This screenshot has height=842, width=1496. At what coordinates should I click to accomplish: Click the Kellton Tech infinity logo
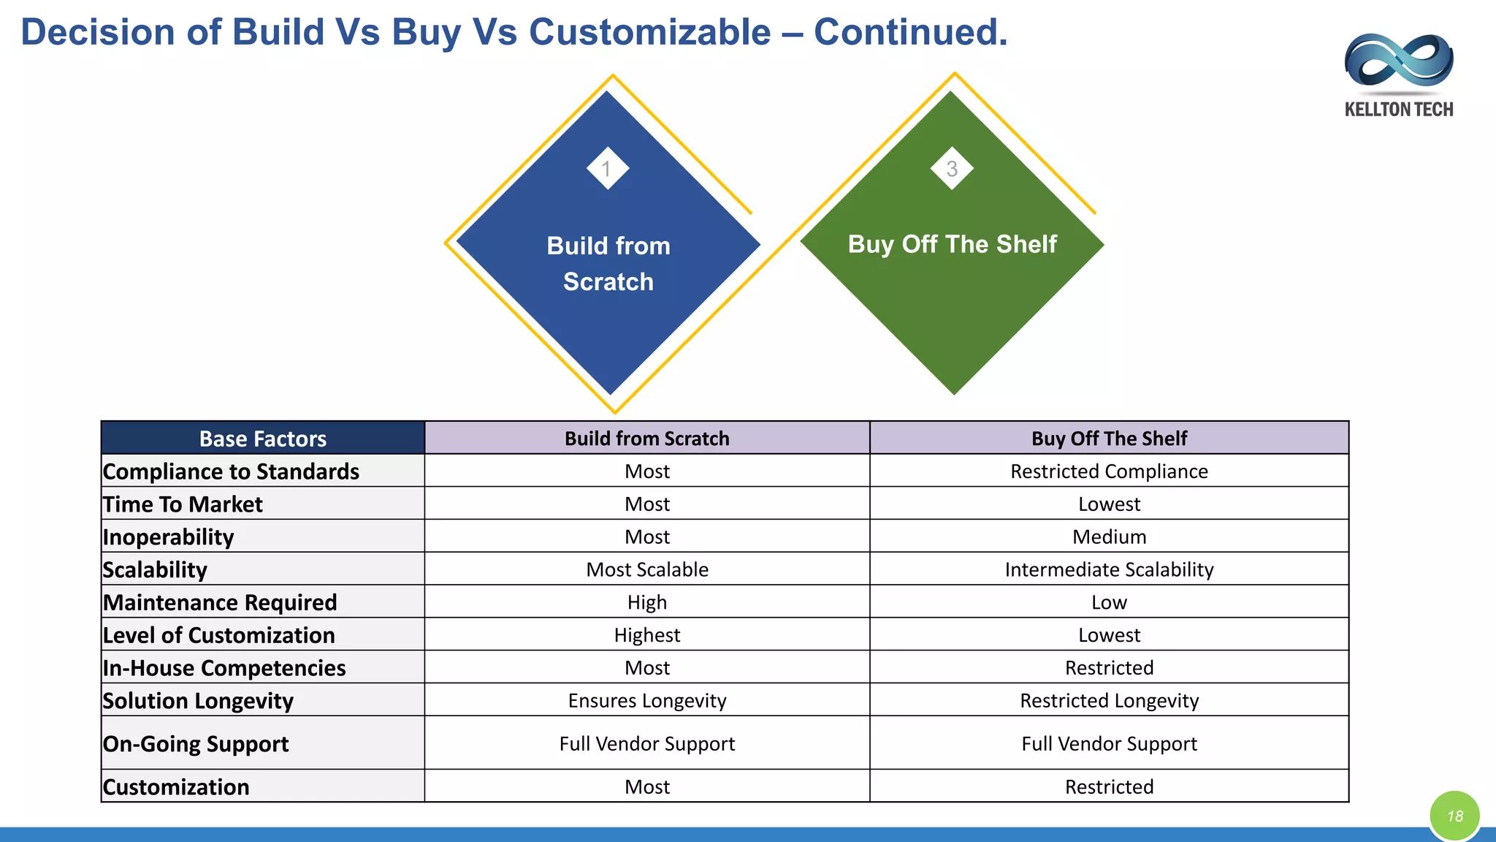pos(1398,61)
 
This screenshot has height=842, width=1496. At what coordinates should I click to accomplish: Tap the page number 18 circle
pos(1454,816)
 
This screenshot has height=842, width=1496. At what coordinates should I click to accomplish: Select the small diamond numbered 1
pos(607,169)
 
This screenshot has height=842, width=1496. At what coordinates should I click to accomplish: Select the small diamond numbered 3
pos(951,169)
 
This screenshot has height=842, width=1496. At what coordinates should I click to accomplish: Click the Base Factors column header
pos(263,439)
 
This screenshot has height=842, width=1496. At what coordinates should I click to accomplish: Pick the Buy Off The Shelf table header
pos(1109,439)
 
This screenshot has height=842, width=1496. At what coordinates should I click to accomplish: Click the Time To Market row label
pos(183,504)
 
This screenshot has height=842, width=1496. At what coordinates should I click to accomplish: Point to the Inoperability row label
pos(168,537)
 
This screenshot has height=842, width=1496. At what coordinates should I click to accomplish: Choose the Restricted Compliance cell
pos(1109,471)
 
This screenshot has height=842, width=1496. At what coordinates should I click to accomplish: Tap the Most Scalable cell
pos(647,569)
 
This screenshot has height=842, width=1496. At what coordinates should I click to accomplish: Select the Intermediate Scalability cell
pos(1109,569)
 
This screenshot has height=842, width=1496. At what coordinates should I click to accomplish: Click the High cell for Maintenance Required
pos(647,602)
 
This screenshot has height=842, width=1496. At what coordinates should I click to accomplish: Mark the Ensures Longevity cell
pos(647,700)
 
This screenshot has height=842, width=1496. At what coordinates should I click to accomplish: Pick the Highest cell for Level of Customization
pos(647,635)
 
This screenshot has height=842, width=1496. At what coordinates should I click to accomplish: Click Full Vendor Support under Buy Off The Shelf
pos(1109,743)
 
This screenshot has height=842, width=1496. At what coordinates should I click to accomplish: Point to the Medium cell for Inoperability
pos(1109,537)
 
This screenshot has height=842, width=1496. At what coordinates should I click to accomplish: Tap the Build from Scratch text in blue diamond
pos(608,263)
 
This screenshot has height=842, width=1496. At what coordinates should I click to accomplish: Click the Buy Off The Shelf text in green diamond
pos(952,244)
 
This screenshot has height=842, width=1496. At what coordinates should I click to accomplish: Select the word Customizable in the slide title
pos(649,32)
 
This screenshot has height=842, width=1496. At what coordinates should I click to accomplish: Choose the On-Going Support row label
pos(196,743)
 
